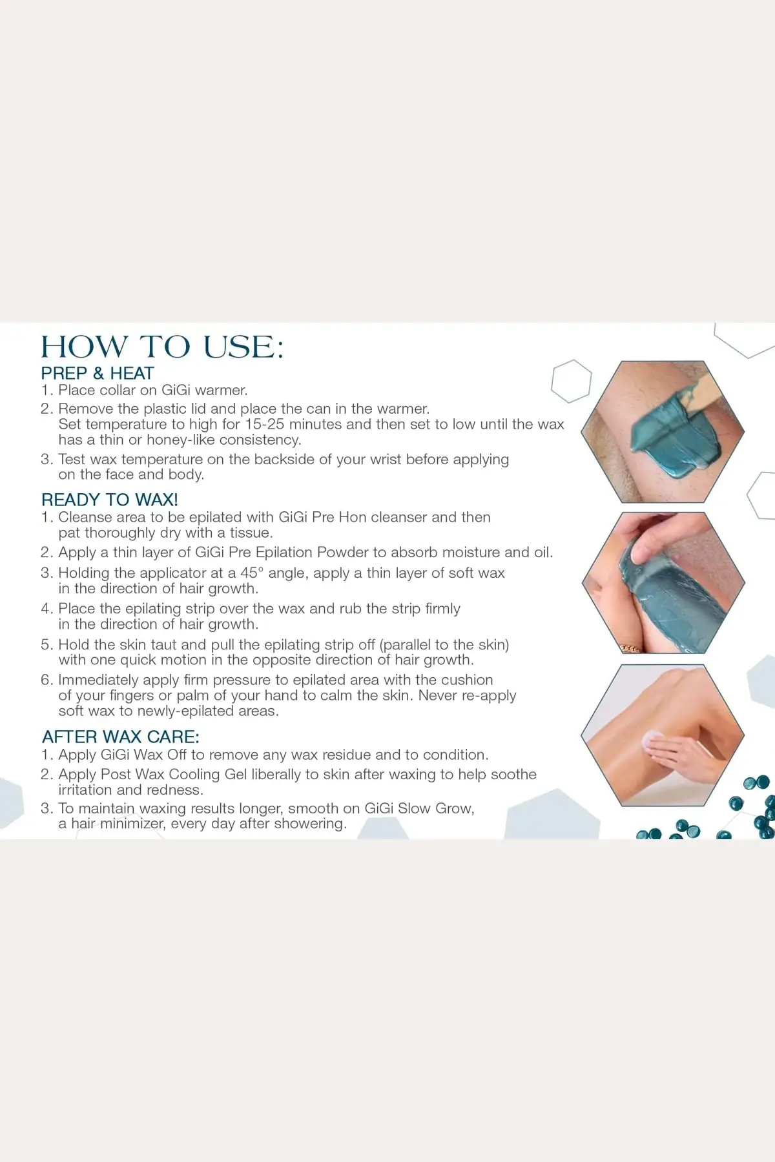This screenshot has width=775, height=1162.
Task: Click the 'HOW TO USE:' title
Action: point(162,347)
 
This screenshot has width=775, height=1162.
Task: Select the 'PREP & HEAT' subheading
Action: point(98,373)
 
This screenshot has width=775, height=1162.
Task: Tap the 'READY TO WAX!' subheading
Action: point(110,500)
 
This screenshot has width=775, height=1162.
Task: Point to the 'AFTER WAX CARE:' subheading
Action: point(121,737)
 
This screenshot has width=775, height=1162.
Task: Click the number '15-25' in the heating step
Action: point(266,424)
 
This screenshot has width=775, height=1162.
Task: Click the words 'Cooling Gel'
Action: point(208,775)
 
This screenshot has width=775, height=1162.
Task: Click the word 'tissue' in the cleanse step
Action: point(249,533)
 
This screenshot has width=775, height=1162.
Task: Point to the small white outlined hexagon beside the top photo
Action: point(572,382)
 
